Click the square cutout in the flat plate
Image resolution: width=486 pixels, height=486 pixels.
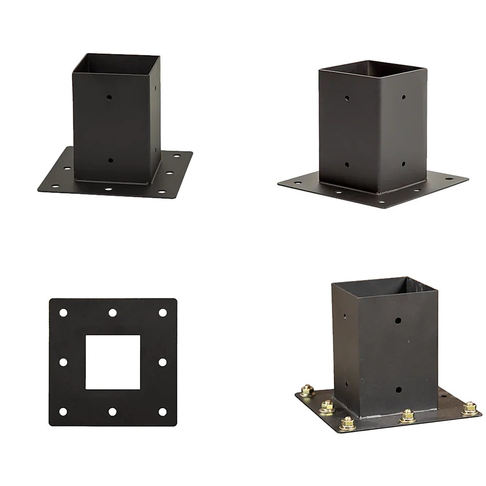pos(113,362)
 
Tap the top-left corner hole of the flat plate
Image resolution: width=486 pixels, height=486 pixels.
pos(63,312)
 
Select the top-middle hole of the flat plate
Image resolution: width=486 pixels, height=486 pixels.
pos(113,312)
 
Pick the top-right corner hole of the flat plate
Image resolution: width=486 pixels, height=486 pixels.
pos(162,312)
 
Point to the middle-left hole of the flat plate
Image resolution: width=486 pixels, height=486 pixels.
pos(63,362)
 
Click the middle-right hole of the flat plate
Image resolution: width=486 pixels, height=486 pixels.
pos(162,362)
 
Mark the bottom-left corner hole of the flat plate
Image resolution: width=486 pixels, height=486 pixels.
pos(63,412)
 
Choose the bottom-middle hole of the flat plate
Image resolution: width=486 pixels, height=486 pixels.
pos(113,412)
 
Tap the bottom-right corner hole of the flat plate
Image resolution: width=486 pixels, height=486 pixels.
pos(162,412)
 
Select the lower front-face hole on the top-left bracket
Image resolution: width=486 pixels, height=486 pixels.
pos(110,160)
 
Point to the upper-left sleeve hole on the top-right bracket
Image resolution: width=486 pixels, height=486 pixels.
pos(347,98)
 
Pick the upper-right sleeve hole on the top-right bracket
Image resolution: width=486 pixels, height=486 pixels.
pos(403,98)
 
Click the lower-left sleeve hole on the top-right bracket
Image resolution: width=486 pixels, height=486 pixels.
pos(347,165)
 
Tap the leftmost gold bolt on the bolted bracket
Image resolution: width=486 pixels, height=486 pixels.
pos(307,390)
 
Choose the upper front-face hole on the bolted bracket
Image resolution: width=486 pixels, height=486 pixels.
pos(398,321)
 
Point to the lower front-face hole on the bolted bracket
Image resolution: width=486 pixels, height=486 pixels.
pos(398,389)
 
